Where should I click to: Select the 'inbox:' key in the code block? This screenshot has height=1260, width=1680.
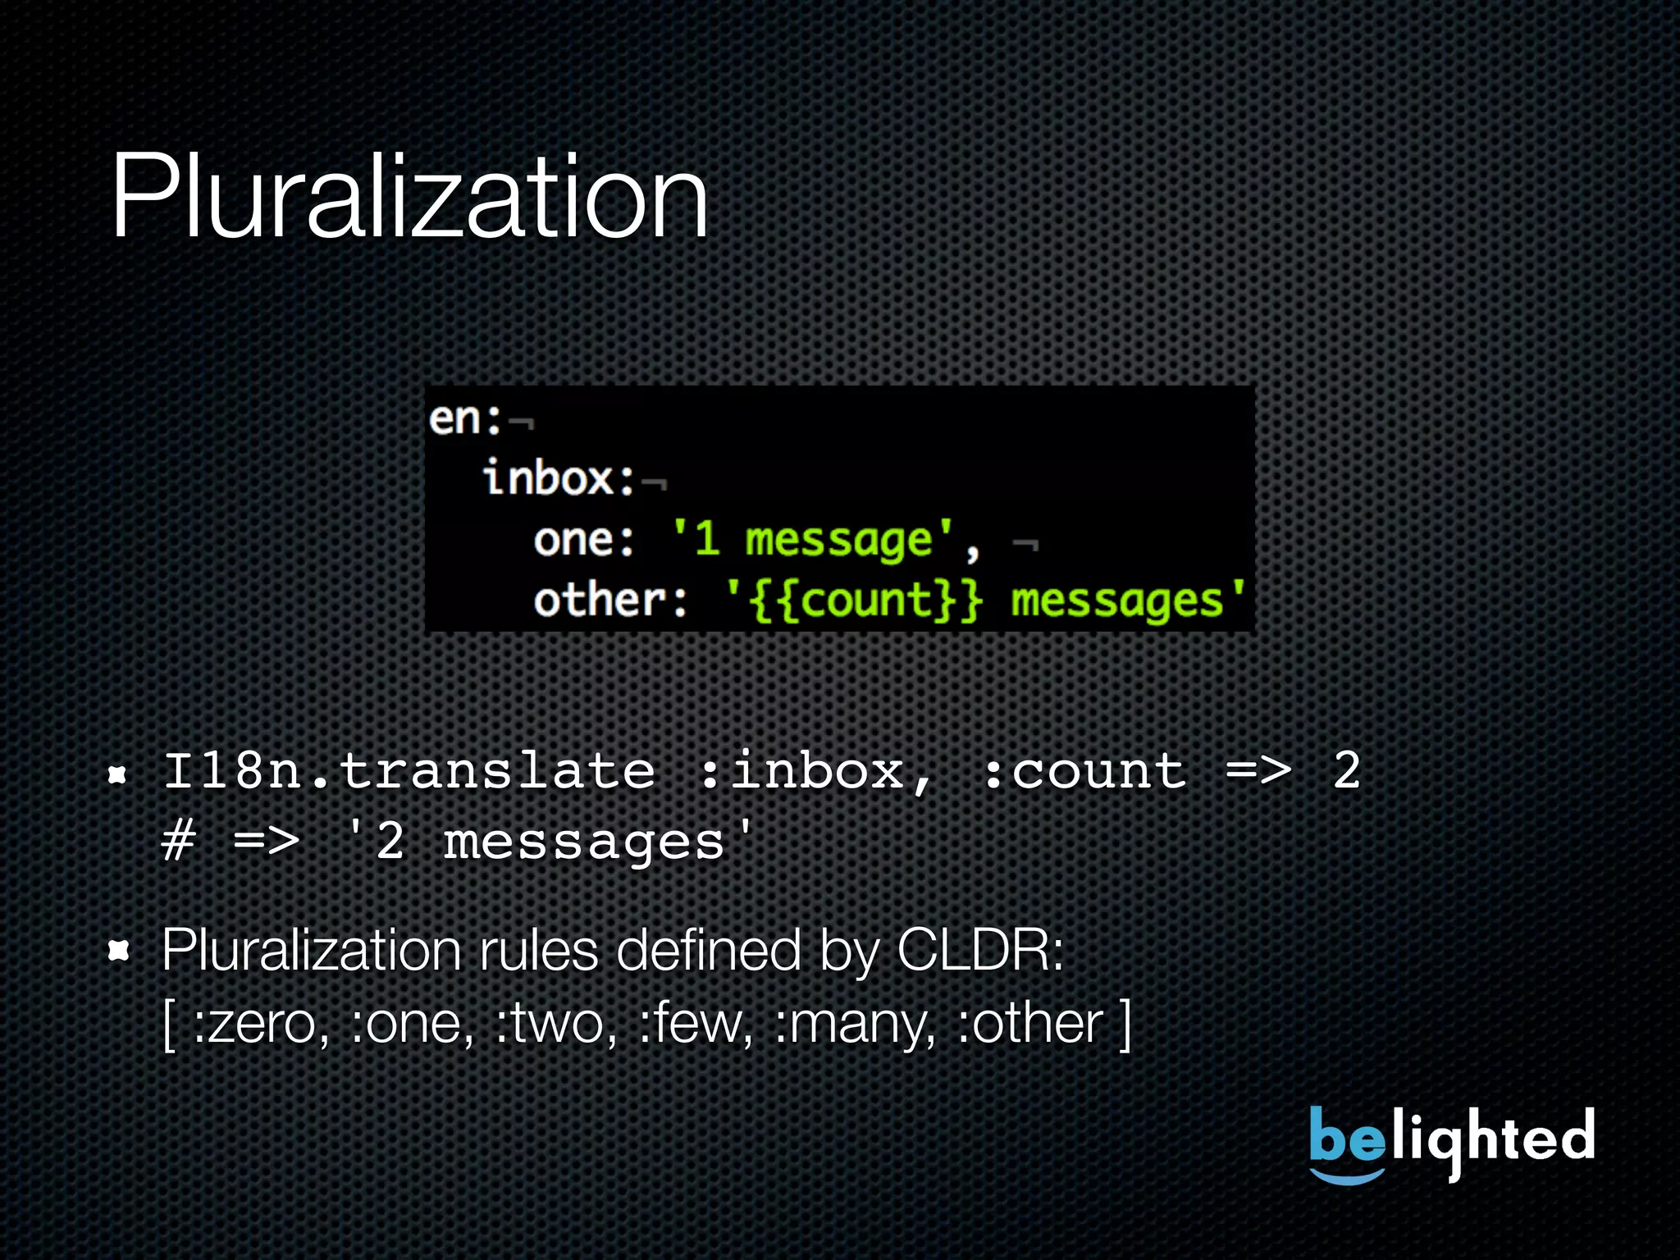[x=559, y=478]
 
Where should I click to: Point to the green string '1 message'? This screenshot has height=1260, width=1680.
[x=813, y=540]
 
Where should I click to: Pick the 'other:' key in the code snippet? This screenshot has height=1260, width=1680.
[x=610, y=600]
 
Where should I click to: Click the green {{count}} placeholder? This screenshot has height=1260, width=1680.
[x=865, y=600]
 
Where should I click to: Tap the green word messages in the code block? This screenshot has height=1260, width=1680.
[x=1116, y=601]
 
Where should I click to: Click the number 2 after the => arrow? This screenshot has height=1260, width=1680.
[x=1346, y=771]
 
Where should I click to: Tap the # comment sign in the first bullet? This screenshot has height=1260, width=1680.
[x=179, y=842]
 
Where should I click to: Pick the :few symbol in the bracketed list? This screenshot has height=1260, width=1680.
[x=694, y=1024]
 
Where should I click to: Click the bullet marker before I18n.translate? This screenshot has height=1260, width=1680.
[x=118, y=774]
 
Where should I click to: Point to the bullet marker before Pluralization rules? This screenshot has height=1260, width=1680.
[x=119, y=951]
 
